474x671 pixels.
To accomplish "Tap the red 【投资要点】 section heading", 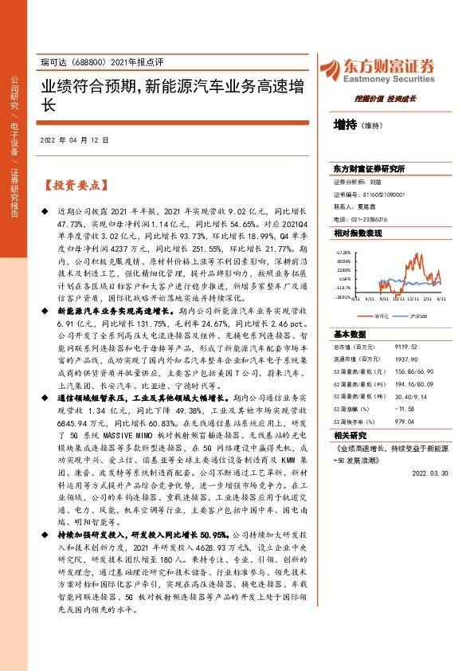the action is [75, 185].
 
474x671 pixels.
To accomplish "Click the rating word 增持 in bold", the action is [345, 124].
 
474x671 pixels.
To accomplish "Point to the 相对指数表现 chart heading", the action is [358, 233].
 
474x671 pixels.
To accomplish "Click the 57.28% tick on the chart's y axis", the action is [343, 252].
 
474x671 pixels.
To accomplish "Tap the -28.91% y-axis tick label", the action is [343, 296].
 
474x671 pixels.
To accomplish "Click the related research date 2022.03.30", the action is [428, 472].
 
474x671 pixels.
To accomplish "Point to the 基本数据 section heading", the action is [350, 334].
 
